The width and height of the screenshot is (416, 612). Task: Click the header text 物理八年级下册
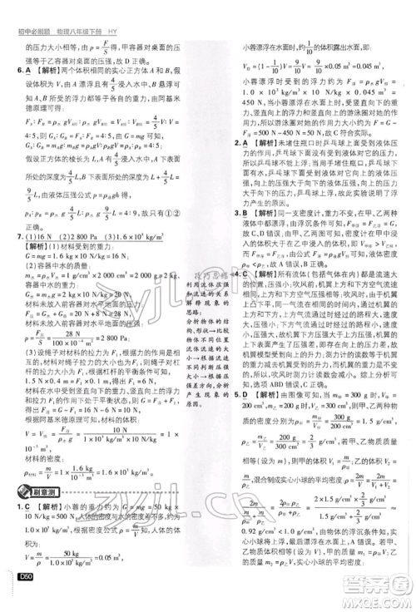(80, 9)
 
